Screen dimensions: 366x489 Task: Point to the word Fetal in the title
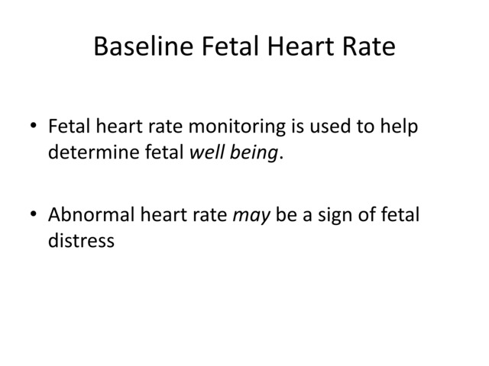227,48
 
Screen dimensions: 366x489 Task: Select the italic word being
254,154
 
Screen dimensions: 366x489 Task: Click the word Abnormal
91,217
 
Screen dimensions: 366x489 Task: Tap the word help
400,127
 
